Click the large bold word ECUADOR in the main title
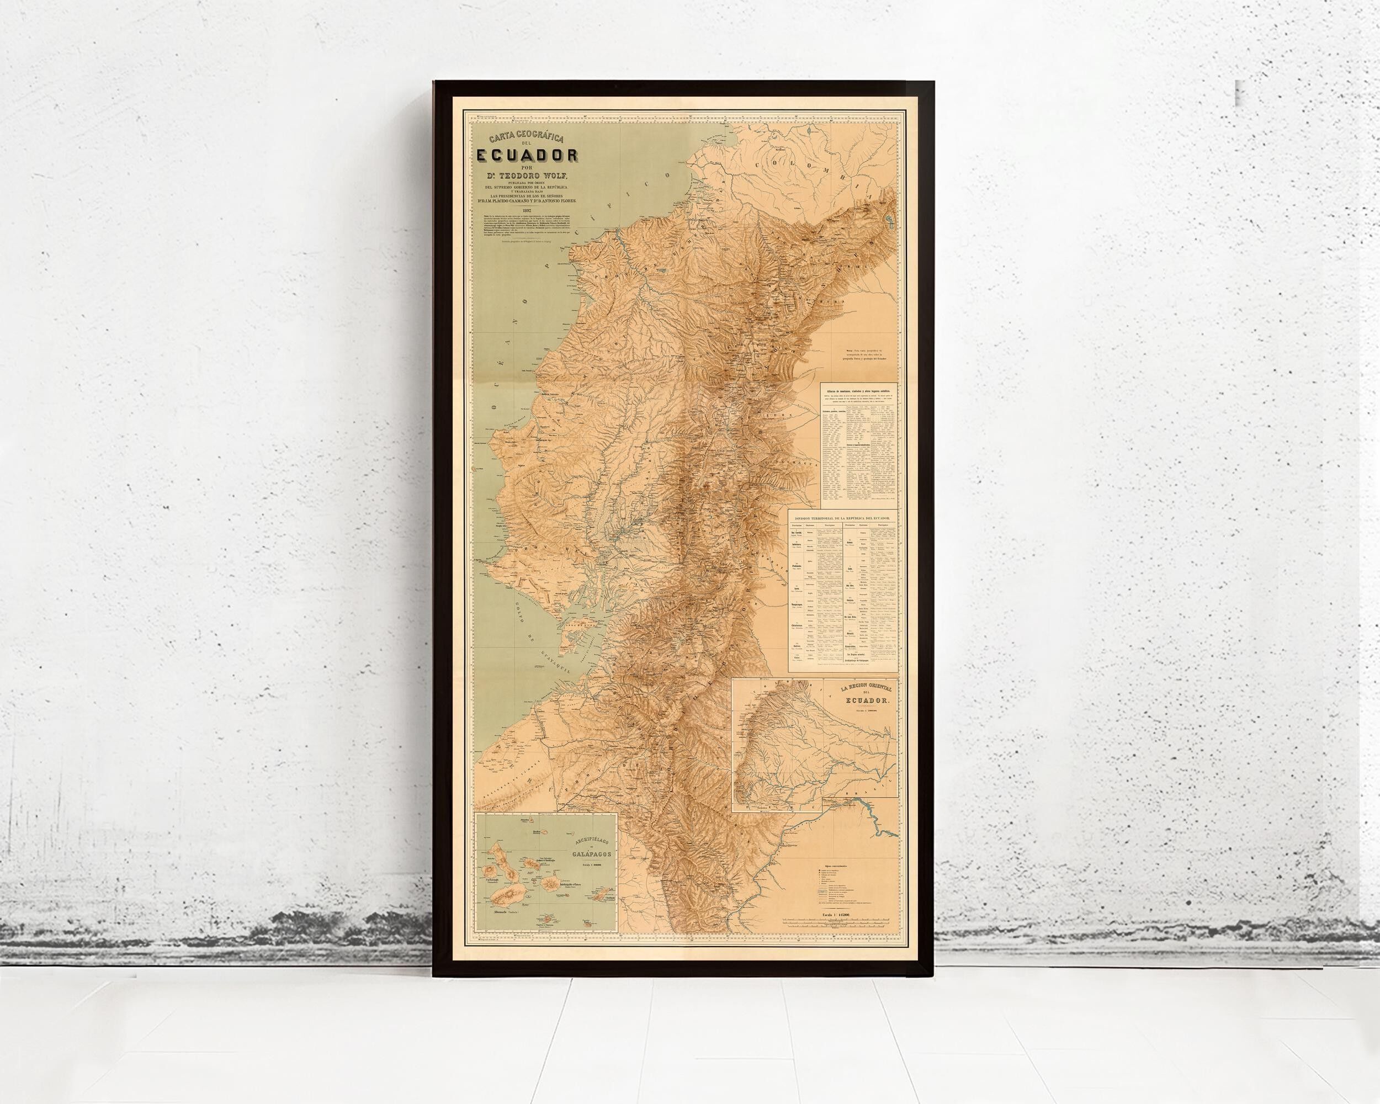click(527, 156)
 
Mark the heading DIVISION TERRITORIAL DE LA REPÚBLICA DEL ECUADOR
click(842, 518)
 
